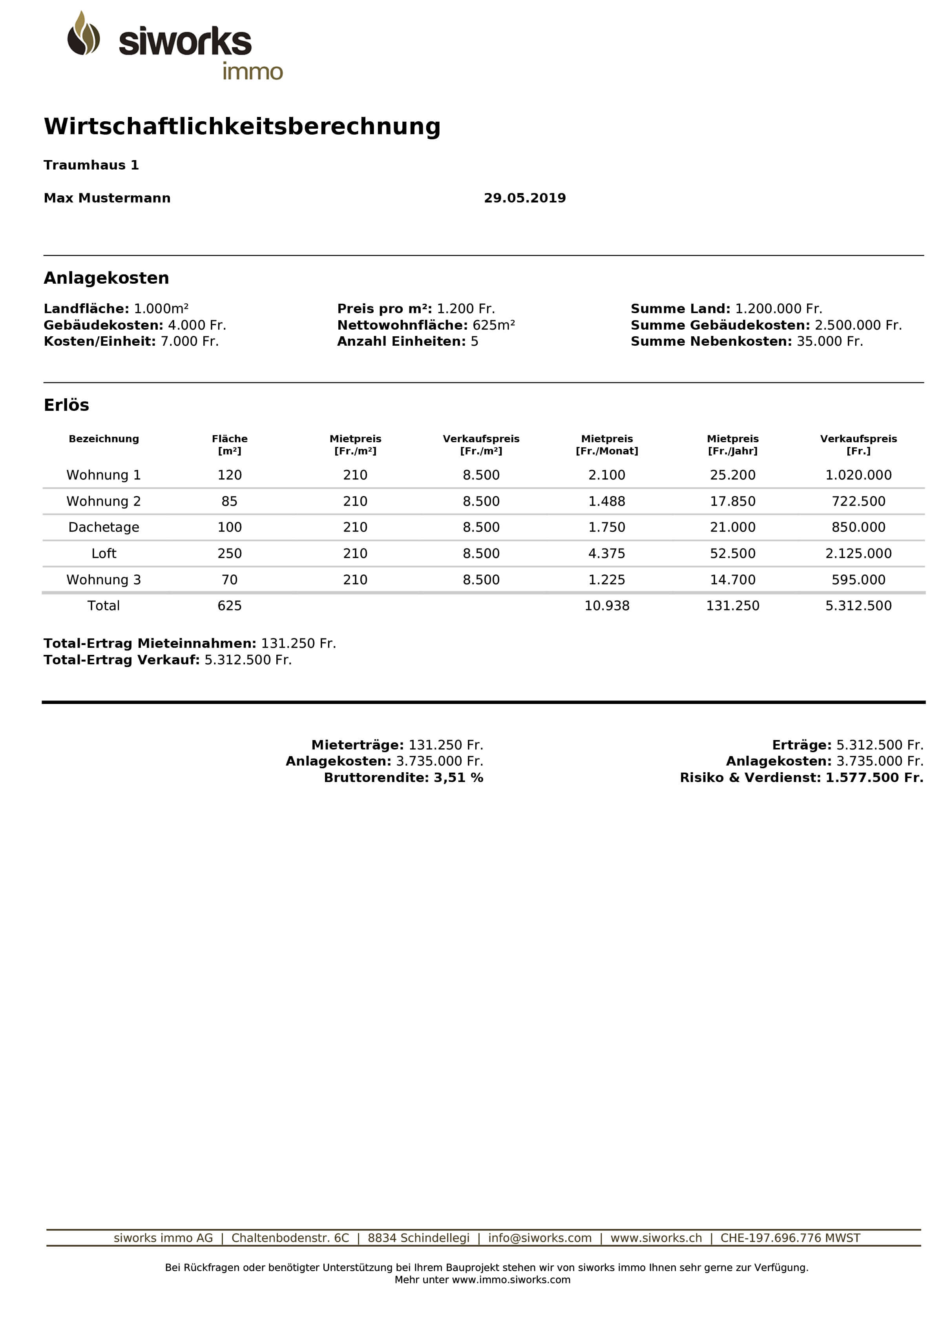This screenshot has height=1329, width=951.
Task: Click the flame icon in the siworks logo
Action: click(x=83, y=34)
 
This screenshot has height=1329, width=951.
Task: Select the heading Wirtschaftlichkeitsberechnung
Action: click(x=242, y=126)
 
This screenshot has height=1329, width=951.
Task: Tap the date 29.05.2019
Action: click(x=525, y=198)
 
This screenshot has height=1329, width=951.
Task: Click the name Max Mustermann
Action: click(x=107, y=198)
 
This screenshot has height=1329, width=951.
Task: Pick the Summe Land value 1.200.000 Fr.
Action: click(x=778, y=308)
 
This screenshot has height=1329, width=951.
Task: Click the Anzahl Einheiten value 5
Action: click(x=475, y=341)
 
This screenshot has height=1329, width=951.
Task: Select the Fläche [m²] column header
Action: click(x=230, y=444)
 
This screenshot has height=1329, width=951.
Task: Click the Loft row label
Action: click(x=104, y=553)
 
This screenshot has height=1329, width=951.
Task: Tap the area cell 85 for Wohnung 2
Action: click(x=230, y=501)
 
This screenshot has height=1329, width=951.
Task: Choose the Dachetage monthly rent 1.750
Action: click(x=607, y=527)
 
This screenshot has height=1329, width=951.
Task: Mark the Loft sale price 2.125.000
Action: click(x=858, y=553)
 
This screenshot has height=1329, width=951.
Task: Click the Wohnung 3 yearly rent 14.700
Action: click(x=732, y=580)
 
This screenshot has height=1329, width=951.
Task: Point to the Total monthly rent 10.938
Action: click(x=607, y=605)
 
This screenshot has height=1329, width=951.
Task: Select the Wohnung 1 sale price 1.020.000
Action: click(x=858, y=475)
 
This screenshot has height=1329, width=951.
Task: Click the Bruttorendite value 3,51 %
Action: click(x=458, y=777)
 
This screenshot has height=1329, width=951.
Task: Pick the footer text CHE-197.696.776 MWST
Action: click(x=790, y=1238)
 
